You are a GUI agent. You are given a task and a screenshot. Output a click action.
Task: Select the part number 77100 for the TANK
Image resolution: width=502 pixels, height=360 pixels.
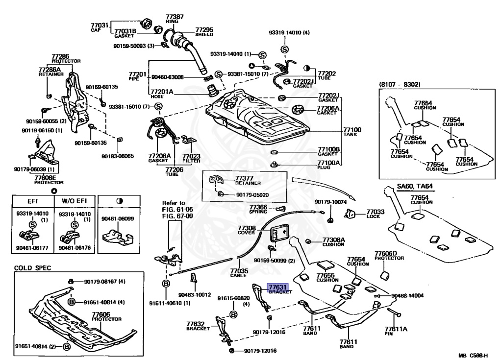[353, 129]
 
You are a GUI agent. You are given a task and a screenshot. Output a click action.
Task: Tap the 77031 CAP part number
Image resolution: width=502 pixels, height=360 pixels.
[100, 25]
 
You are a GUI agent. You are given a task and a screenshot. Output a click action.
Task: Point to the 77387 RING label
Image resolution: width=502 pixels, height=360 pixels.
[175, 17]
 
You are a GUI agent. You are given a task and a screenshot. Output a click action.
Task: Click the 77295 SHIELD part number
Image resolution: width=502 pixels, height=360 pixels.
[204, 29]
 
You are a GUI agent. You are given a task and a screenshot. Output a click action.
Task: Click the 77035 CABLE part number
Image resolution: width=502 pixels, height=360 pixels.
[239, 270]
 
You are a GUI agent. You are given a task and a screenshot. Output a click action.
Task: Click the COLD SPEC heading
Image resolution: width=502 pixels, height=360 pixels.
[32, 268]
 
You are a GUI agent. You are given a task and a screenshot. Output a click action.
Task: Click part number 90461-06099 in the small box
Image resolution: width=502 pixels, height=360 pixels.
[117, 219]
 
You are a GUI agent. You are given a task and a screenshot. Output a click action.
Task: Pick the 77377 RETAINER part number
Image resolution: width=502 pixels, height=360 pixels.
[244, 178]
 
